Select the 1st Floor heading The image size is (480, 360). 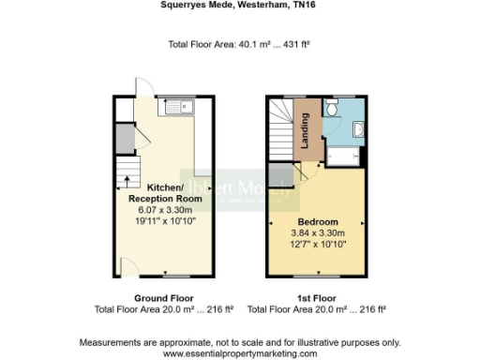click(317, 298)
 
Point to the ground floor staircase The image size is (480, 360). click(126, 178)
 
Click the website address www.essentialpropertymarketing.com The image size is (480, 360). click(240, 353)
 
